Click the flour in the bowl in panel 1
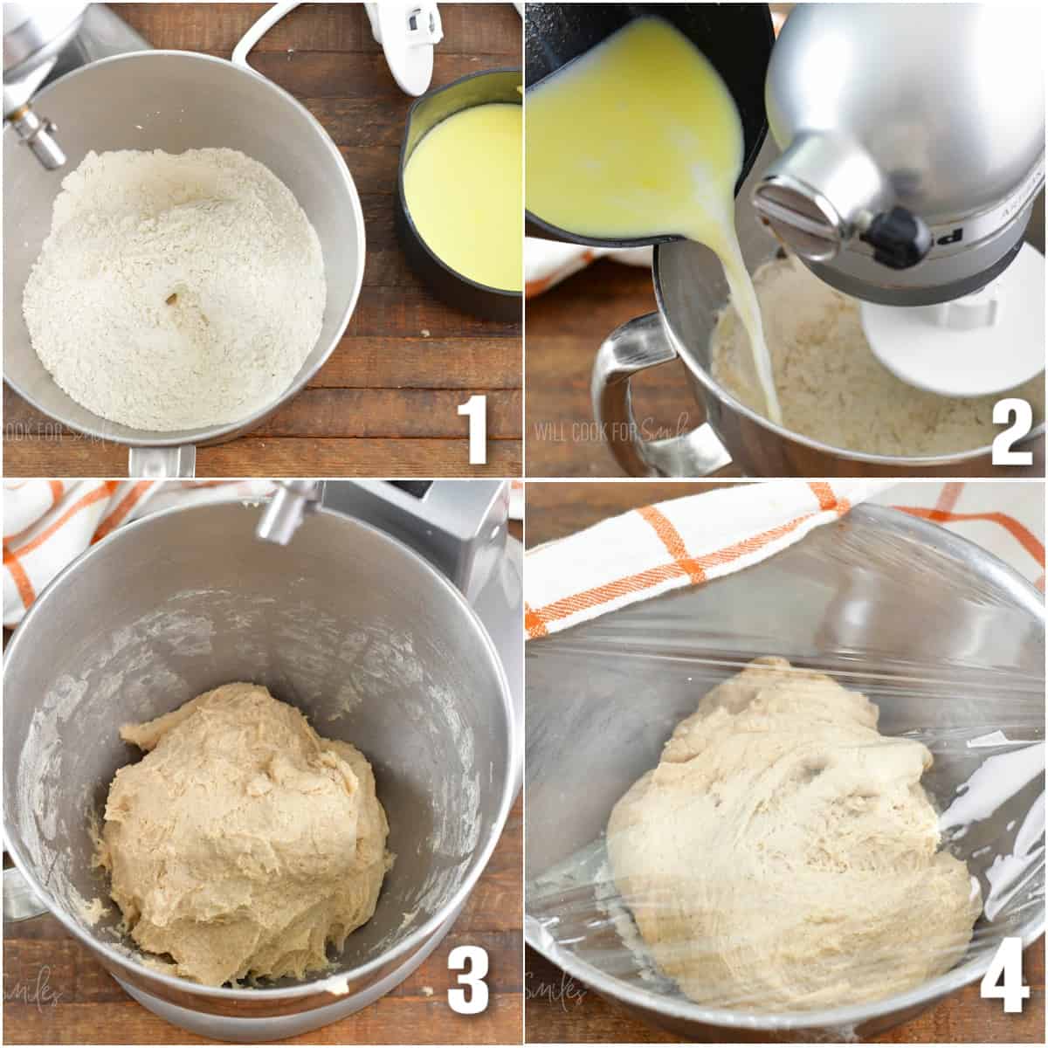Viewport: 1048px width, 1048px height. pos(175,288)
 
